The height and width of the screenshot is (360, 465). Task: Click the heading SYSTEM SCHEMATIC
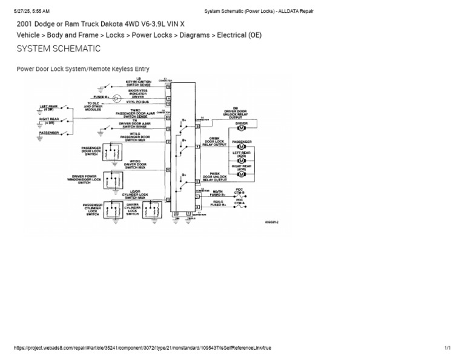(x=58, y=48)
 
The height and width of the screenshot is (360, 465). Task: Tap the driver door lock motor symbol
(x=240, y=128)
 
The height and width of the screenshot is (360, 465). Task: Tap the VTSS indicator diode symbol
(x=117, y=97)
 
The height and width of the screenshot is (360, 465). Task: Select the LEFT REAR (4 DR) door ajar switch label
(x=50, y=108)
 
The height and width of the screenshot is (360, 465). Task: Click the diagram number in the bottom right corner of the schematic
(x=272, y=222)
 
